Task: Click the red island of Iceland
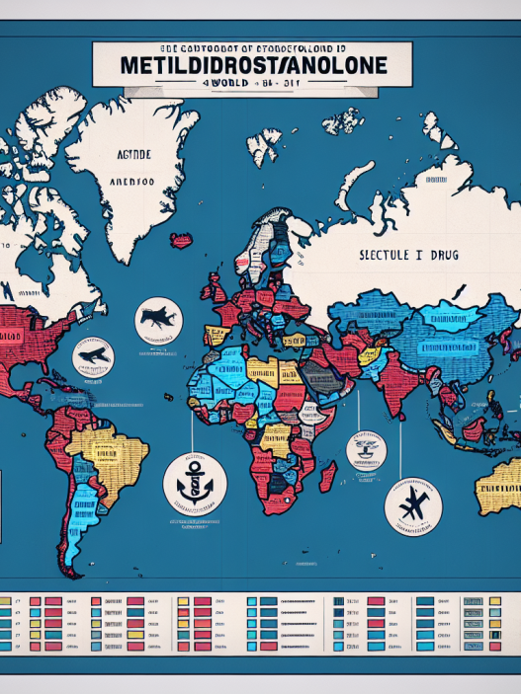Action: coord(182,239)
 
